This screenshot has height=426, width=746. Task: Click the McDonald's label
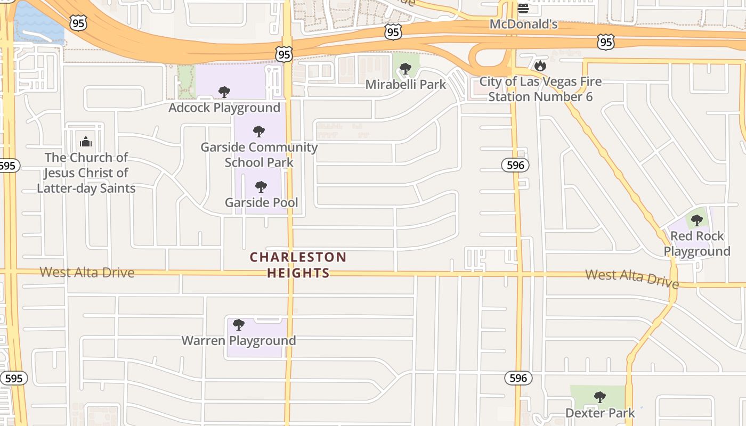[523, 24]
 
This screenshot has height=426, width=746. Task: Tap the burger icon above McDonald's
[523, 8]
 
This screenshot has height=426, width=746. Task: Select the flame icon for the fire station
[540, 65]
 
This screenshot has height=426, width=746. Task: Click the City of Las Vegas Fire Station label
[540, 89]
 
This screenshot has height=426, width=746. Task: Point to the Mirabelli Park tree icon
[405, 69]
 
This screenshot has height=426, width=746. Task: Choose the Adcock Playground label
[224, 108]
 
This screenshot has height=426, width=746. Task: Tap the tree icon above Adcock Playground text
[224, 92]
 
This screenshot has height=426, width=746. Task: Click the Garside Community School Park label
[259, 154]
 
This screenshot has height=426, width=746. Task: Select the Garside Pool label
[261, 202]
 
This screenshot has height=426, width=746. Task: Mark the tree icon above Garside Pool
[261, 186]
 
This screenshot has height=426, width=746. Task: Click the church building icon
[86, 142]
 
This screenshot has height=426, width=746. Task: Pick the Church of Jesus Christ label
[86, 173]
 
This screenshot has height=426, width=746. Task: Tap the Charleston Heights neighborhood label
[298, 265]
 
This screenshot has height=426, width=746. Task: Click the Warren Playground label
[239, 341]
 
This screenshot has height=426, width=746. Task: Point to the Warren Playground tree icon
[239, 324]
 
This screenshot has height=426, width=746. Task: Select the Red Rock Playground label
[697, 243]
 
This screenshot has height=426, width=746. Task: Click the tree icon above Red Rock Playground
[696, 220]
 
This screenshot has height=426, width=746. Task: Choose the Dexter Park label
[600, 413]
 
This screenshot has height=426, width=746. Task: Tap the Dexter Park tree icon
[600, 397]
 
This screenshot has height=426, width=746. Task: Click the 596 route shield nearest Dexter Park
[518, 379]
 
